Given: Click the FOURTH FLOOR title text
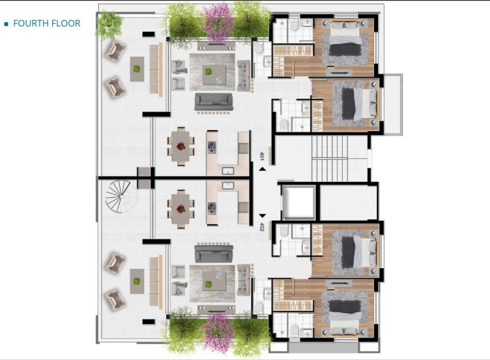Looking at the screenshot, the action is (x=47, y=23).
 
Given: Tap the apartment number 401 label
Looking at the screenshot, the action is (x=262, y=156).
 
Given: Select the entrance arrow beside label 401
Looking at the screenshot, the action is (x=263, y=169).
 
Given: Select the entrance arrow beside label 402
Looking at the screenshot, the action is (x=263, y=216).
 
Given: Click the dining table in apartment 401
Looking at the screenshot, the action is (x=180, y=146).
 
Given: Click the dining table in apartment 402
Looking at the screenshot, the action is (x=180, y=209).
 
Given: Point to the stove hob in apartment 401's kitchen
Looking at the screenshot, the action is (x=212, y=147).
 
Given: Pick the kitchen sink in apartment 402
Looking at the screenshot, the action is (x=228, y=186).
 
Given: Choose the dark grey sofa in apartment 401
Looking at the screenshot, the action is (x=214, y=101).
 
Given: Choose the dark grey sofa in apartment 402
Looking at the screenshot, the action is (x=214, y=254).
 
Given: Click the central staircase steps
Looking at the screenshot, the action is (x=330, y=159).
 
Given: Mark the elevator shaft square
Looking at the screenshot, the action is (x=299, y=202).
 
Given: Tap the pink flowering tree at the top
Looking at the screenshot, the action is (x=218, y=22).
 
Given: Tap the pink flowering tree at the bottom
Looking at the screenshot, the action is (x=218, y=333).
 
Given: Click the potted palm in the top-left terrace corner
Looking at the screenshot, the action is (x=109, y=24).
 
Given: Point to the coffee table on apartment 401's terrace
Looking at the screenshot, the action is (x=137, y=69).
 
